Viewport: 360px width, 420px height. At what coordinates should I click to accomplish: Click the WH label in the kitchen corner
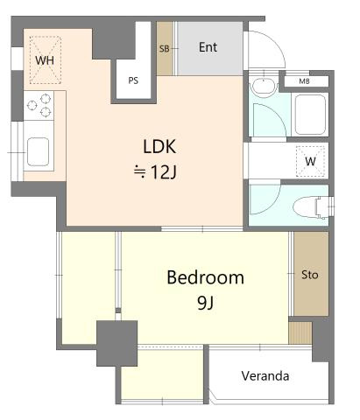tap(45, 60)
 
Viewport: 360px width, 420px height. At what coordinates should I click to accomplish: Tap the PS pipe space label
tap(133, 80)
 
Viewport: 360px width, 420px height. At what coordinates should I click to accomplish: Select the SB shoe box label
tap(165, 49)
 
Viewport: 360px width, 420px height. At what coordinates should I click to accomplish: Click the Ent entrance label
tap(208, 47)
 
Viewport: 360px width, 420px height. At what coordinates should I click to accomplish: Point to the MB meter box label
tap(304, 81)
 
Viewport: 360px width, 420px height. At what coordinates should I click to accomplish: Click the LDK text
tap(159, 146)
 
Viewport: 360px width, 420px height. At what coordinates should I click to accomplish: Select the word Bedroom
tap(206, 277)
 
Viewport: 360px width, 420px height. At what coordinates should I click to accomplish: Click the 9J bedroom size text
tap(205, 303)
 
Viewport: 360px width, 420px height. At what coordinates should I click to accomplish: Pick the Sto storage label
tap(310, 275)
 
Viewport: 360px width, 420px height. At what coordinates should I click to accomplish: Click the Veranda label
tap(265, 376)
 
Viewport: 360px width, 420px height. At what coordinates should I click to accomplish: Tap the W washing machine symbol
tap(310, 161)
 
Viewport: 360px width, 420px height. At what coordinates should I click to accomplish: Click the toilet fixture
tap(312, 207)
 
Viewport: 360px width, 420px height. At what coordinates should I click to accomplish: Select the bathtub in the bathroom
tap(310, 115)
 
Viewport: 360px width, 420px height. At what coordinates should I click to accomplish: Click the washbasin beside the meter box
tap(264, 87)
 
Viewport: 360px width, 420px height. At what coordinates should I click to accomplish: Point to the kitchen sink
tap(38, 152)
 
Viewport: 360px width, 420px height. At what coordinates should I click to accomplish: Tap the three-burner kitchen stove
tap(39, 105)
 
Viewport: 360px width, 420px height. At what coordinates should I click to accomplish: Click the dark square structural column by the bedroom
tap(116, 343)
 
